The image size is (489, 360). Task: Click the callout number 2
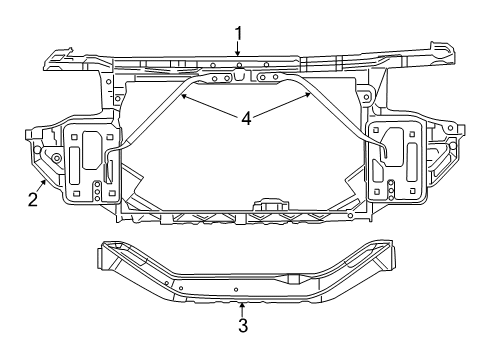(x=33, y=199)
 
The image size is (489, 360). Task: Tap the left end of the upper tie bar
(x=55, y=61)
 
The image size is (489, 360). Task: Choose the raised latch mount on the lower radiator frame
(x=271, y=204)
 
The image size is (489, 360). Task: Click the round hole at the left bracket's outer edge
(x=56, y=157)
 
